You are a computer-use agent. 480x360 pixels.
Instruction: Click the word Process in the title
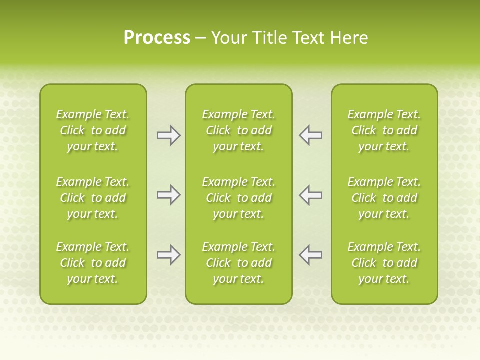tap(157, 38)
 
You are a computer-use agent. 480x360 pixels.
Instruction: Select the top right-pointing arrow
tap(168, 135)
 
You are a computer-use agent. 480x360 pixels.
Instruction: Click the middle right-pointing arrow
tap(168, 195)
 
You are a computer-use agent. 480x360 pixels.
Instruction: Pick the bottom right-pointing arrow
tap(168, 255)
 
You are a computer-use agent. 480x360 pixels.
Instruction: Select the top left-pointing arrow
tap(310, 135)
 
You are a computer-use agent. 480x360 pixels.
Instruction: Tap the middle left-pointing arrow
tap(310, 195)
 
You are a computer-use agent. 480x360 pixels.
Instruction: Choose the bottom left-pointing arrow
tap(310, 255)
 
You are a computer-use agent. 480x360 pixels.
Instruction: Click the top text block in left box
tap(93, 130)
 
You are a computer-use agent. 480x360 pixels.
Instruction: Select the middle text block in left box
tap(93, 198)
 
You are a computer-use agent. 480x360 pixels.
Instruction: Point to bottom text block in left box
tap(93, 263)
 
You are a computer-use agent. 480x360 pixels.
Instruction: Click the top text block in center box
tap(238, 130)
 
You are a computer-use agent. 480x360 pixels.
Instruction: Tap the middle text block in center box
tap(238, 198)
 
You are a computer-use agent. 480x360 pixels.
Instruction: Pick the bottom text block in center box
tap(238, 263)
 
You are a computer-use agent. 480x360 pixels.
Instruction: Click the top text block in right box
tap(384, 130)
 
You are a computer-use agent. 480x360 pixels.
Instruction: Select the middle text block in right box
tap(384, 198)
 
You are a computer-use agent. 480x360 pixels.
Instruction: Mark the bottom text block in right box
tap(384, 263)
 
